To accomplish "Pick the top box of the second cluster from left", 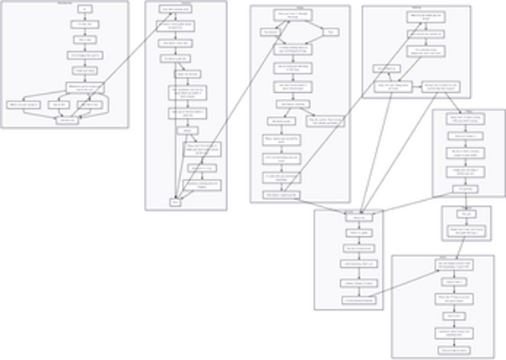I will point(174,8).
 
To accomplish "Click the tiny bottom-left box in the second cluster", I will point(176,202).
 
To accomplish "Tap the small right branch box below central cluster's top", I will point(330,32).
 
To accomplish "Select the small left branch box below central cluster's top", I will point(270,32).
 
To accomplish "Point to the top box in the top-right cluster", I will point(426,16).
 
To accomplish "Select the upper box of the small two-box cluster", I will point(467,214).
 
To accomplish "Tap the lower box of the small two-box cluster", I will point(467,229).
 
